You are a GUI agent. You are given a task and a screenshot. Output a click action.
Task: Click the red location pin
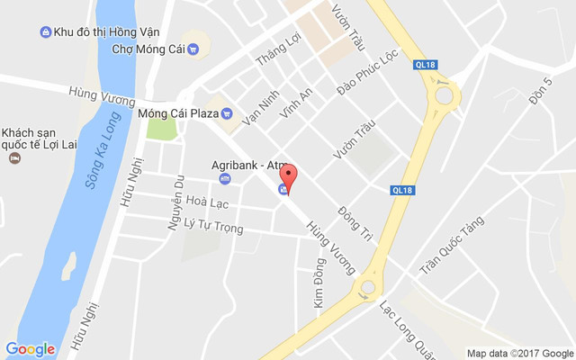(x=287, y=175)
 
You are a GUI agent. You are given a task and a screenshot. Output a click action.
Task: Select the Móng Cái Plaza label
(x=179, y=113)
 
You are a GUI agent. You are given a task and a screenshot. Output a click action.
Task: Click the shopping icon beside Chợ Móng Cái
(x=193, y=49)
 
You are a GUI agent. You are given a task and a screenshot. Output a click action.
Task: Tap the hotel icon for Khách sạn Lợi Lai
(x=14, y=158)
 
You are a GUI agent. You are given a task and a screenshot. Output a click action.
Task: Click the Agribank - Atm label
(x=247, y=165)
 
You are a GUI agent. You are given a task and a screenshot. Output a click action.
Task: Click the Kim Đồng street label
(x=319, y=284)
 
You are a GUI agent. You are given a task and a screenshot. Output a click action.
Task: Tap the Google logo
(x=30, y=349)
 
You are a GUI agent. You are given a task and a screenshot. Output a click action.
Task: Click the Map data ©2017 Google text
(x=519, y=353)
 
